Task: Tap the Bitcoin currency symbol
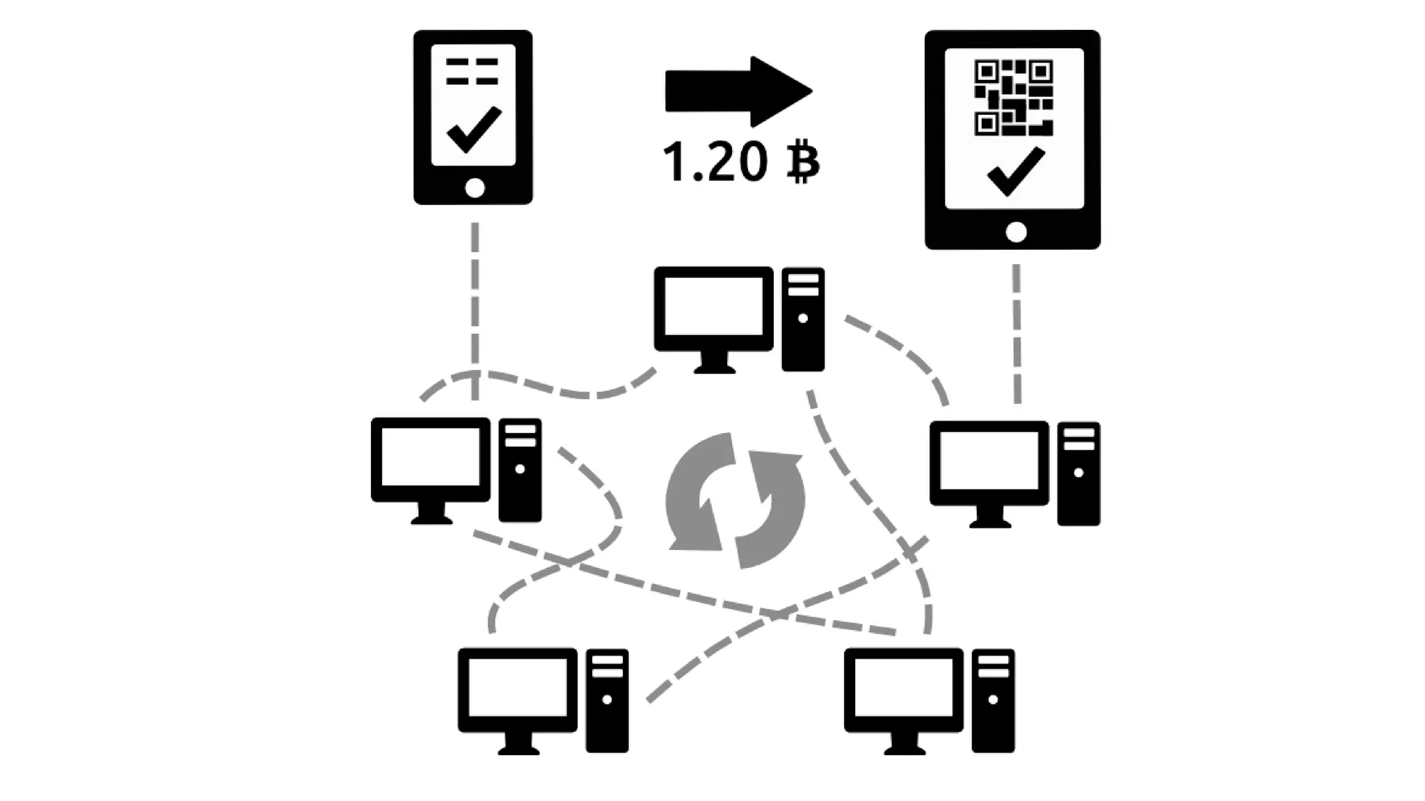pos(804,161)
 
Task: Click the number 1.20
pos(714,161)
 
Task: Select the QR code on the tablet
pos(1013,97)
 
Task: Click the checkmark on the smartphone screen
pos(474,129)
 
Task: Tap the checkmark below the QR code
pos(1015,170)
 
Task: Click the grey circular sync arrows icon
pos(735,500)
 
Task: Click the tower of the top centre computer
pos(803,319)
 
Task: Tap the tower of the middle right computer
pos(1078,474)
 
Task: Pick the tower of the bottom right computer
pos(993,700)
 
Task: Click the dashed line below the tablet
pos(1017,334)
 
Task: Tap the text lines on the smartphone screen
pos(472,72)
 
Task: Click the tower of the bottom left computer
pos(607,700)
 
